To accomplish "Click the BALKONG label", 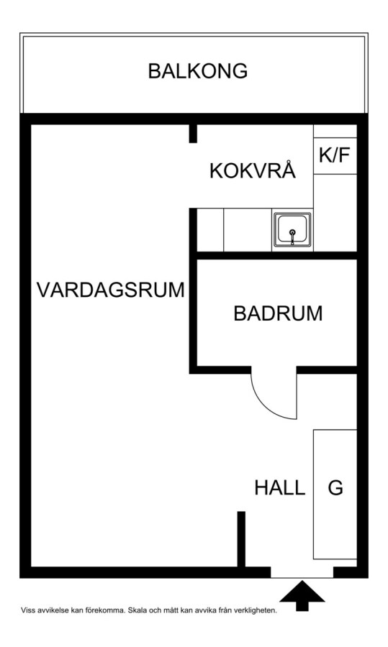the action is (197, 71).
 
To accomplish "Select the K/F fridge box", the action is (335, 155).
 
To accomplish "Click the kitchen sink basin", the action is (292, 229).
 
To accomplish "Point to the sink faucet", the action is (292, 237).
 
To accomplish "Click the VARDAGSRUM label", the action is (111, 290).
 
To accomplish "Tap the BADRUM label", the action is (278, 313).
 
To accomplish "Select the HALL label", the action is (280, 487).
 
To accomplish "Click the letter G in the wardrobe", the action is (335, 487).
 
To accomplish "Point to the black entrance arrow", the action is (302, 595).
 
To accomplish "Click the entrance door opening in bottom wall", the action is (302, 572).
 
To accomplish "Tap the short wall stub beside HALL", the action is (241, 539).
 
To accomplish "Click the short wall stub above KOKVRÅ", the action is (193, 134).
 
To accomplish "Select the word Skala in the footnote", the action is (136, 610).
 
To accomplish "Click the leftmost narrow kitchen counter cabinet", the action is (210, 230).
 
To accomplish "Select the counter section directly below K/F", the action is (335, 213).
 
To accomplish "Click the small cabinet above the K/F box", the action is (335, 131).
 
